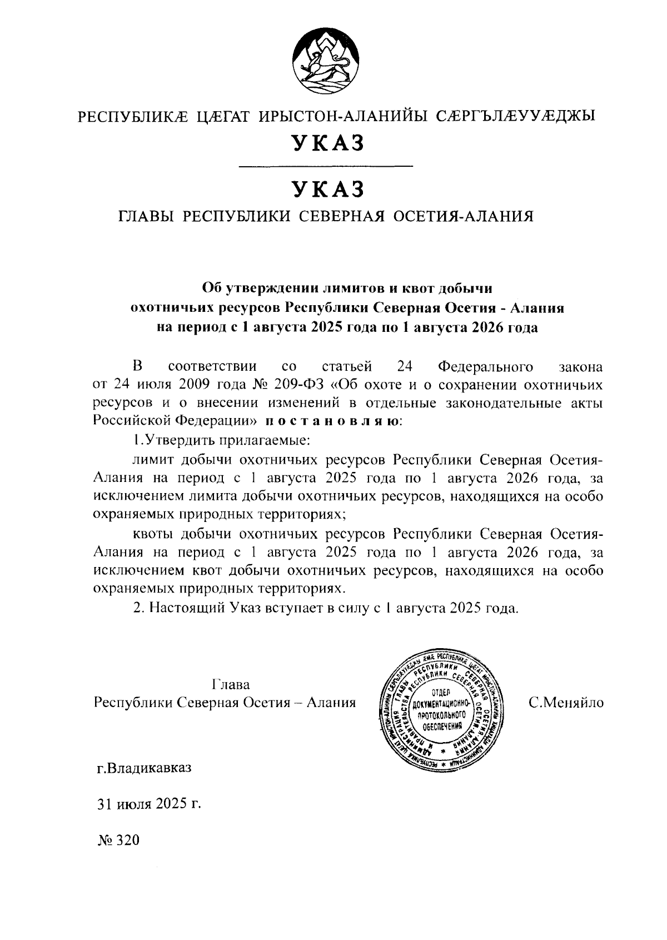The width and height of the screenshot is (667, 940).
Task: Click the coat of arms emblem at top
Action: click(325, 59)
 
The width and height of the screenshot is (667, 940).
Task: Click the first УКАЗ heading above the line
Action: click(328, 143)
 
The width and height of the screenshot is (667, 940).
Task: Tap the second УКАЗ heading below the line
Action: click(328, 189)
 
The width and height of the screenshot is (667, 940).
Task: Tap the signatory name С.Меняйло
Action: click(566, 702)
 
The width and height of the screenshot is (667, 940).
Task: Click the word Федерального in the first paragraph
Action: click(485, 366)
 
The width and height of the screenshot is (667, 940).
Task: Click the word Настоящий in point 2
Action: click(186, 608)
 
